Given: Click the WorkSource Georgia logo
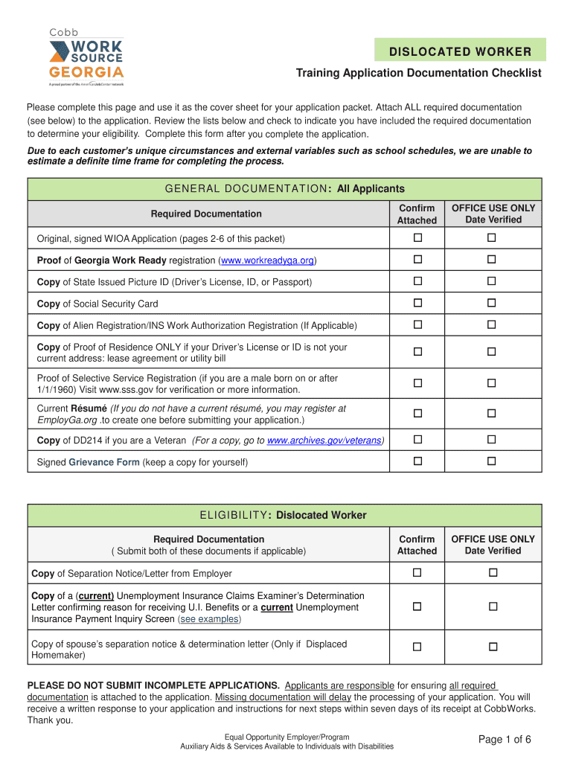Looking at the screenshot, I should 86,56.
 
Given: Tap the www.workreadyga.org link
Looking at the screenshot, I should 267,260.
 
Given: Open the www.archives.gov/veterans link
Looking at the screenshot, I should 325,441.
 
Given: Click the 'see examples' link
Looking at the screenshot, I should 210,619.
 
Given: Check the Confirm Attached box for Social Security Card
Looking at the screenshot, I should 417,303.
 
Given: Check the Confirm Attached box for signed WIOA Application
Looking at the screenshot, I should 417,238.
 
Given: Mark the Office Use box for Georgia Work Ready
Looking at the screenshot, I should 492,260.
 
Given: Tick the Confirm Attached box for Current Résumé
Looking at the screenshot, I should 417,414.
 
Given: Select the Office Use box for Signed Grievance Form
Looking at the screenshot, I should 492,461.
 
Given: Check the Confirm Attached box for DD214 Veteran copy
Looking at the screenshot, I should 417,440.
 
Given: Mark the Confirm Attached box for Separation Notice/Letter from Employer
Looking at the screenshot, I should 417,573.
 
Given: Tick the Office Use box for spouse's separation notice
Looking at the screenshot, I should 492,647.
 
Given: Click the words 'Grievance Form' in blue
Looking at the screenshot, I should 104,462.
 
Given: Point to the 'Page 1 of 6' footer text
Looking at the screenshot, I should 505,739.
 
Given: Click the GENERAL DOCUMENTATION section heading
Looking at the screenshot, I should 284,189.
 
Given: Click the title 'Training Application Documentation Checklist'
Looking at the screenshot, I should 418,73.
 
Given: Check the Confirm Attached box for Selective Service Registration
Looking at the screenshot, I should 417,382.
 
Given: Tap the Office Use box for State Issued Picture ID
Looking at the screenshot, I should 492,281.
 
